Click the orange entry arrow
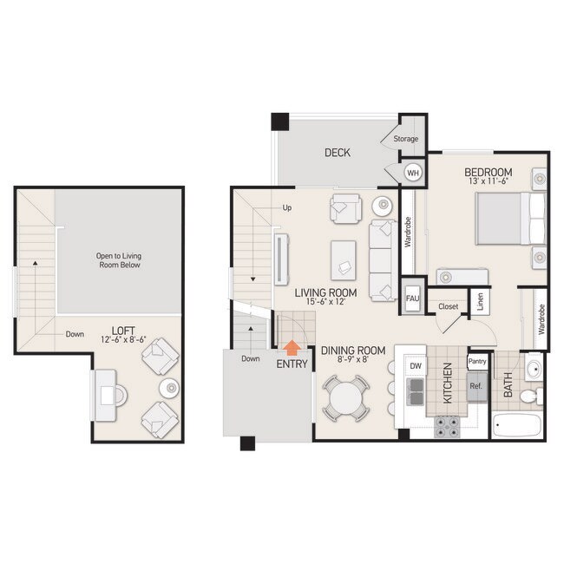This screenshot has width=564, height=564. [292, 347]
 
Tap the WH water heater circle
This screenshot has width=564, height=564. [413, 172]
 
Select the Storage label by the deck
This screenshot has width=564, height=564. [406, 139]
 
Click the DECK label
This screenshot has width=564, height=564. [337, 153]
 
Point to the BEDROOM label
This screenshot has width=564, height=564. [488, 172]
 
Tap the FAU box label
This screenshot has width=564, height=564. [412, 299]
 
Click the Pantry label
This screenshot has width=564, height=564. [476, 361]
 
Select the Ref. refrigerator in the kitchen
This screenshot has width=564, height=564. [475, 385]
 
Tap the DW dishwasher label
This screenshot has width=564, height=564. [416, 366]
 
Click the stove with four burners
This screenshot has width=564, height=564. [448, 425]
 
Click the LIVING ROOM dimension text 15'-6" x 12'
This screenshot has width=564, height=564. [325, 302]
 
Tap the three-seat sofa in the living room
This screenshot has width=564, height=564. [381, 260]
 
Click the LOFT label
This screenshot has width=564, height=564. [122, 330]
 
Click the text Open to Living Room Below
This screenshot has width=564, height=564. [119, 261]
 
